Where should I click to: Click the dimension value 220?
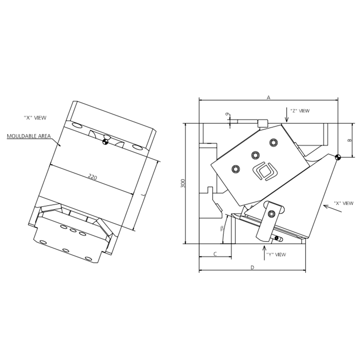[93, 177]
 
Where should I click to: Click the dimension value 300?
[183, 183]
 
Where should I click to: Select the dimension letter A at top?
[268, 98]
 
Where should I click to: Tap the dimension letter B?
[350, 140]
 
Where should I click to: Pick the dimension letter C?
[215, 254]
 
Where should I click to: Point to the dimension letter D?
[252, 267]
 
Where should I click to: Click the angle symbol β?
[222, 229]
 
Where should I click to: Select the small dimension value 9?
[227, 114]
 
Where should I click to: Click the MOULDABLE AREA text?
[29, 136]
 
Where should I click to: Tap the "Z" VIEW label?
[300, 111]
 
